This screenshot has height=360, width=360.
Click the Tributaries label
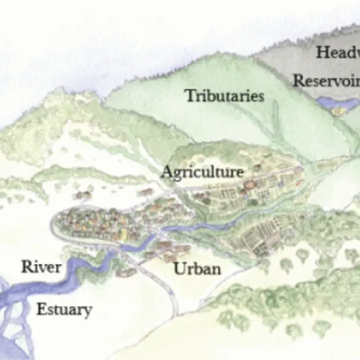224,96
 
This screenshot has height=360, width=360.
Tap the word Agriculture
202,172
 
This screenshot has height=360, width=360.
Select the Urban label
197,268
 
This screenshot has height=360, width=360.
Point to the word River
40,266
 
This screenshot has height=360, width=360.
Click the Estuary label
64,309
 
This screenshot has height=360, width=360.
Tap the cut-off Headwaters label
337,52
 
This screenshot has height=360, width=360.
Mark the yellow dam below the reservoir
341,110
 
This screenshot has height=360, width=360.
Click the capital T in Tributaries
190,95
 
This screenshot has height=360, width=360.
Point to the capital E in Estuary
41,308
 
